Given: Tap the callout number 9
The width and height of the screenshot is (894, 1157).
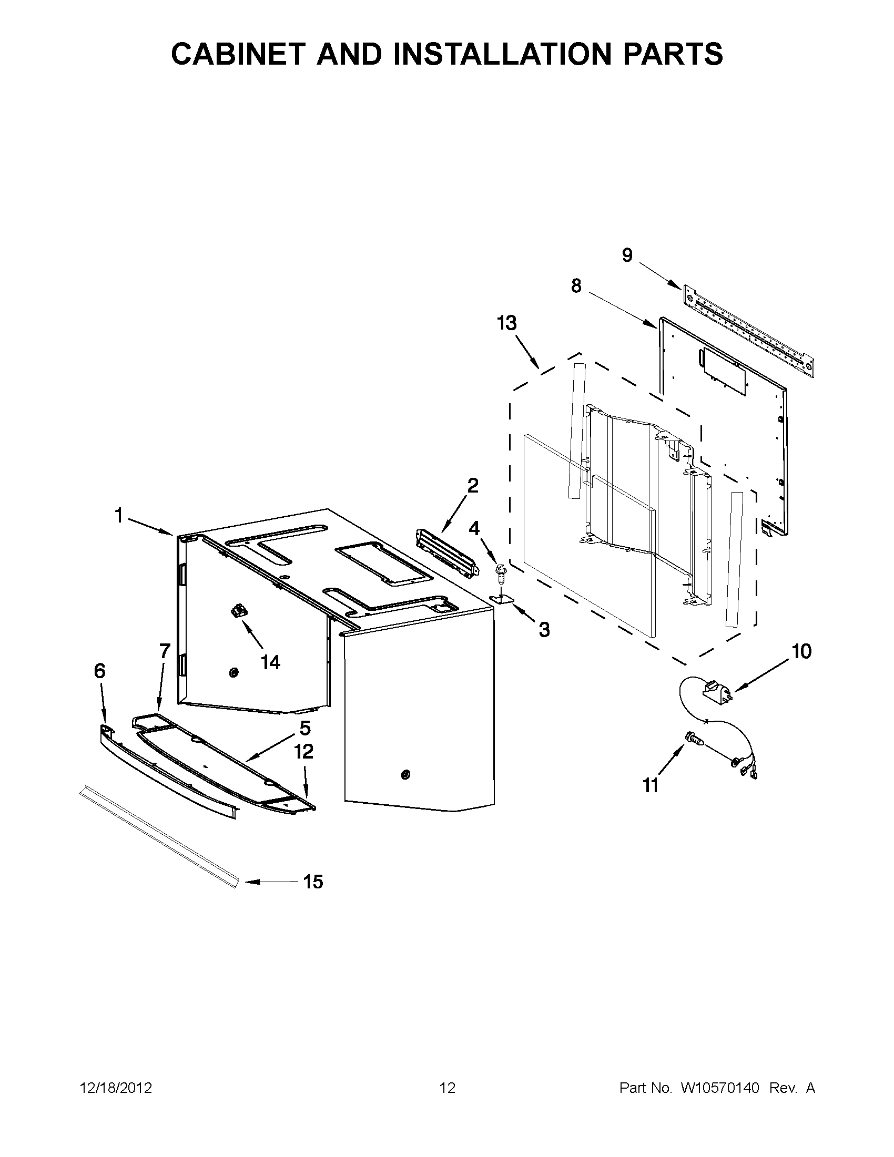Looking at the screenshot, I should pyautogui.click(x=627, y=255).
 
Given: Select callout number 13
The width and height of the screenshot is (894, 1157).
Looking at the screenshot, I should pyautogui.click(x=506, y=323).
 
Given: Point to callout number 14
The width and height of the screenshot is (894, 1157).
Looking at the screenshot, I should pyautogui.click(x=270, y=662).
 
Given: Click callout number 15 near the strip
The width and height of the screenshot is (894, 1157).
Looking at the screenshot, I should pyautogui.click(x=313, y=882).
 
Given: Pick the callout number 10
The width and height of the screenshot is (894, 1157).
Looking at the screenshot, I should pyautogui.click(x=802, y=651).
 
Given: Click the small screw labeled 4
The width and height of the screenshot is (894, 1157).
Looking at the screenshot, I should pyautogui.click(x=499, y=571).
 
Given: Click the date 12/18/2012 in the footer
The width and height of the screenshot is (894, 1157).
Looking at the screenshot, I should pyautogui.click(x=116, y=1088).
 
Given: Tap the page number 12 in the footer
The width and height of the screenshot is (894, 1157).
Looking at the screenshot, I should pyautogui.click(x=448, y=1088).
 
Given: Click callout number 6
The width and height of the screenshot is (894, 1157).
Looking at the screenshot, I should pyautogui.click(x=99, y=671).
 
